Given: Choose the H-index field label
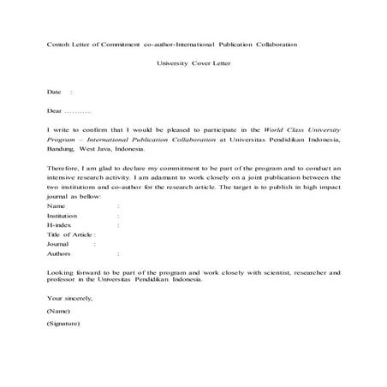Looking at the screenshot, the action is coord(60,225).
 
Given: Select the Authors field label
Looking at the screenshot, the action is coord(59,253).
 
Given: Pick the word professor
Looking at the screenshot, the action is coord(63,280).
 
